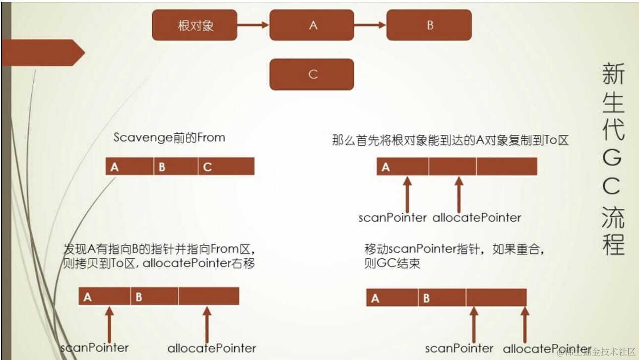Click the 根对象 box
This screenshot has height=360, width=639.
(195, 25)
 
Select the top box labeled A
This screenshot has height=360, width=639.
(313, 25)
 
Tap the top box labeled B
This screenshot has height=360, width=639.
(430, 25)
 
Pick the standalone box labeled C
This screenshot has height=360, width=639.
(312, 74)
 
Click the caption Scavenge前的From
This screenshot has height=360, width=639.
(169, 137)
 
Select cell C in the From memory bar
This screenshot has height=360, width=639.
(226, 167)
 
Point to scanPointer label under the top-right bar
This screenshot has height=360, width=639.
(392, 217)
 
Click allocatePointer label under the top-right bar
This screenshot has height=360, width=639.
(477, 217)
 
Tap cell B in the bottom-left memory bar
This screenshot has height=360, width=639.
(154, 297)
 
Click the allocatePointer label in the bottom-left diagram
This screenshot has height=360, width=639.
(212, 348)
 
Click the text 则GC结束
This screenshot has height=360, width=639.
(392, 263)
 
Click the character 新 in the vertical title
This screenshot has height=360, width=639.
(614, 74)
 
